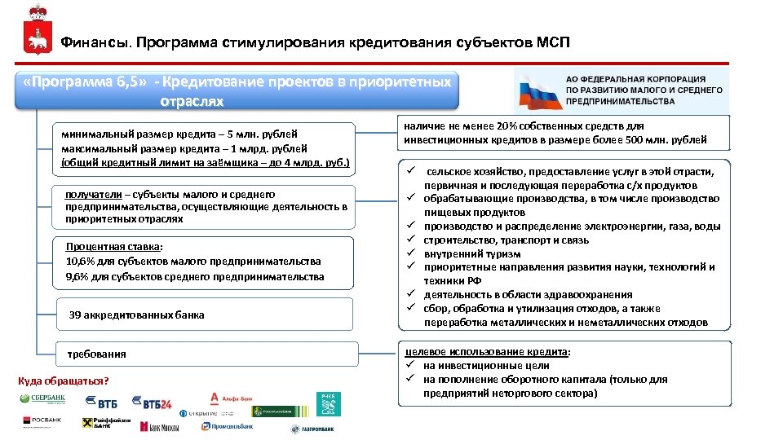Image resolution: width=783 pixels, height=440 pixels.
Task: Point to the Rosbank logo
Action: (x=42, y=420)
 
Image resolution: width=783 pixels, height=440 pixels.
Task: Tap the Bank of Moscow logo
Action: (x=159, y=426)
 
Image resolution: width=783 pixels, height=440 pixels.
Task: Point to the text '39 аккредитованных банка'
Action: (x=136, y=315)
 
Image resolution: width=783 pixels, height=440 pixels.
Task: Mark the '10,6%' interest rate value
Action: (x=80, y=262)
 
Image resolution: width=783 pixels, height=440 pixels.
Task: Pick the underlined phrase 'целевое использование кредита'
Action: (x=488, y=352)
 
